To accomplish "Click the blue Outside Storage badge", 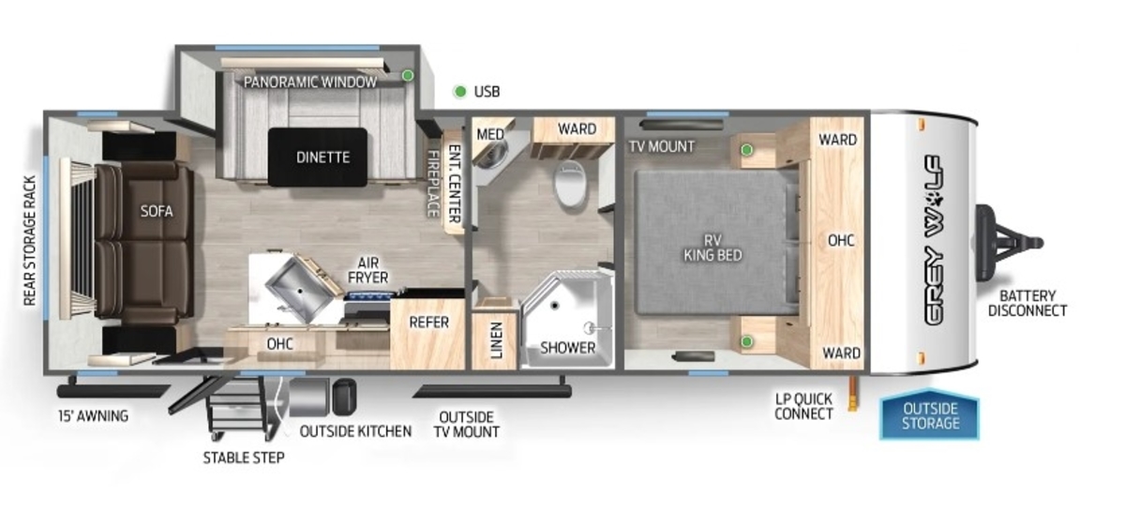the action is click(930, 415).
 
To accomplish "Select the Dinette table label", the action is click(322, 158).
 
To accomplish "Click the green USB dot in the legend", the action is click(459, 92).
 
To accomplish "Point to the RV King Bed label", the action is click(712, 248).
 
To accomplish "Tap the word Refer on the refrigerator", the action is click(429, 323).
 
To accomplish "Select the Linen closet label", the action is click(496, 340).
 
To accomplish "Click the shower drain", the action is click(555, 305).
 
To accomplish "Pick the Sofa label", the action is click(157, 211).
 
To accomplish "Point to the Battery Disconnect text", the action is click(1027, 304).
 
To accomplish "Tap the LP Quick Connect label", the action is click(803, 407).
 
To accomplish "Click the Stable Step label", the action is click(244, 458).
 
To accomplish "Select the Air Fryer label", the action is click(368, 270).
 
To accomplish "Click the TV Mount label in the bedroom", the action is click(662, 146).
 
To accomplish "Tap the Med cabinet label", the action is click(490, 134).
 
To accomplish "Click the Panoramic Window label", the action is click(310, 83).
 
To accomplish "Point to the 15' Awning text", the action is click(94, 416).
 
